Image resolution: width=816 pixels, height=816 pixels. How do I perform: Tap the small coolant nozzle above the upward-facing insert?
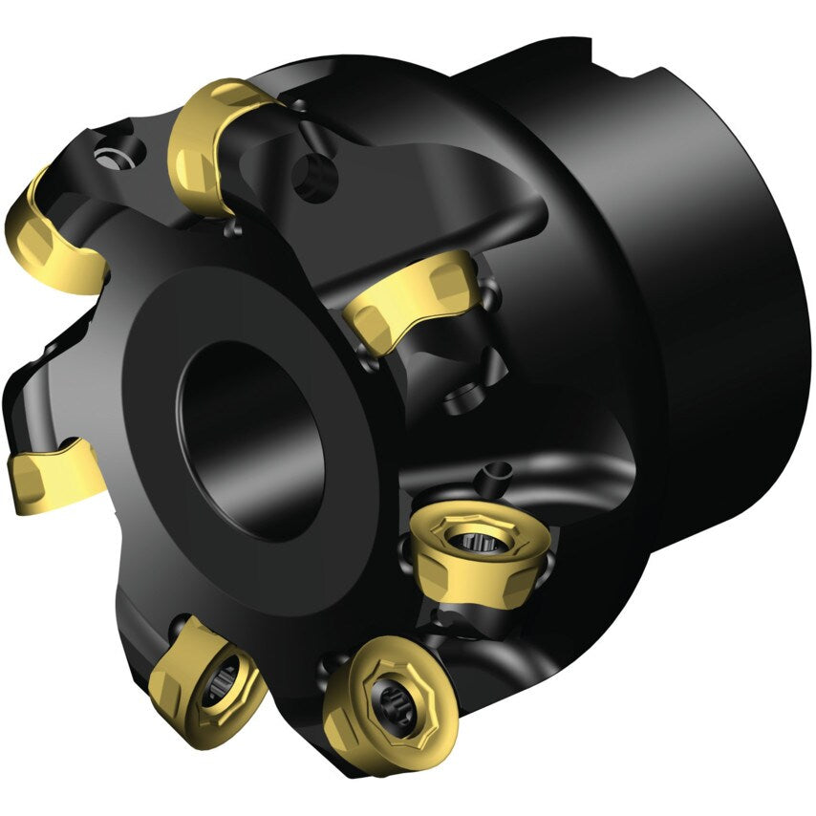pos(497,472)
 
